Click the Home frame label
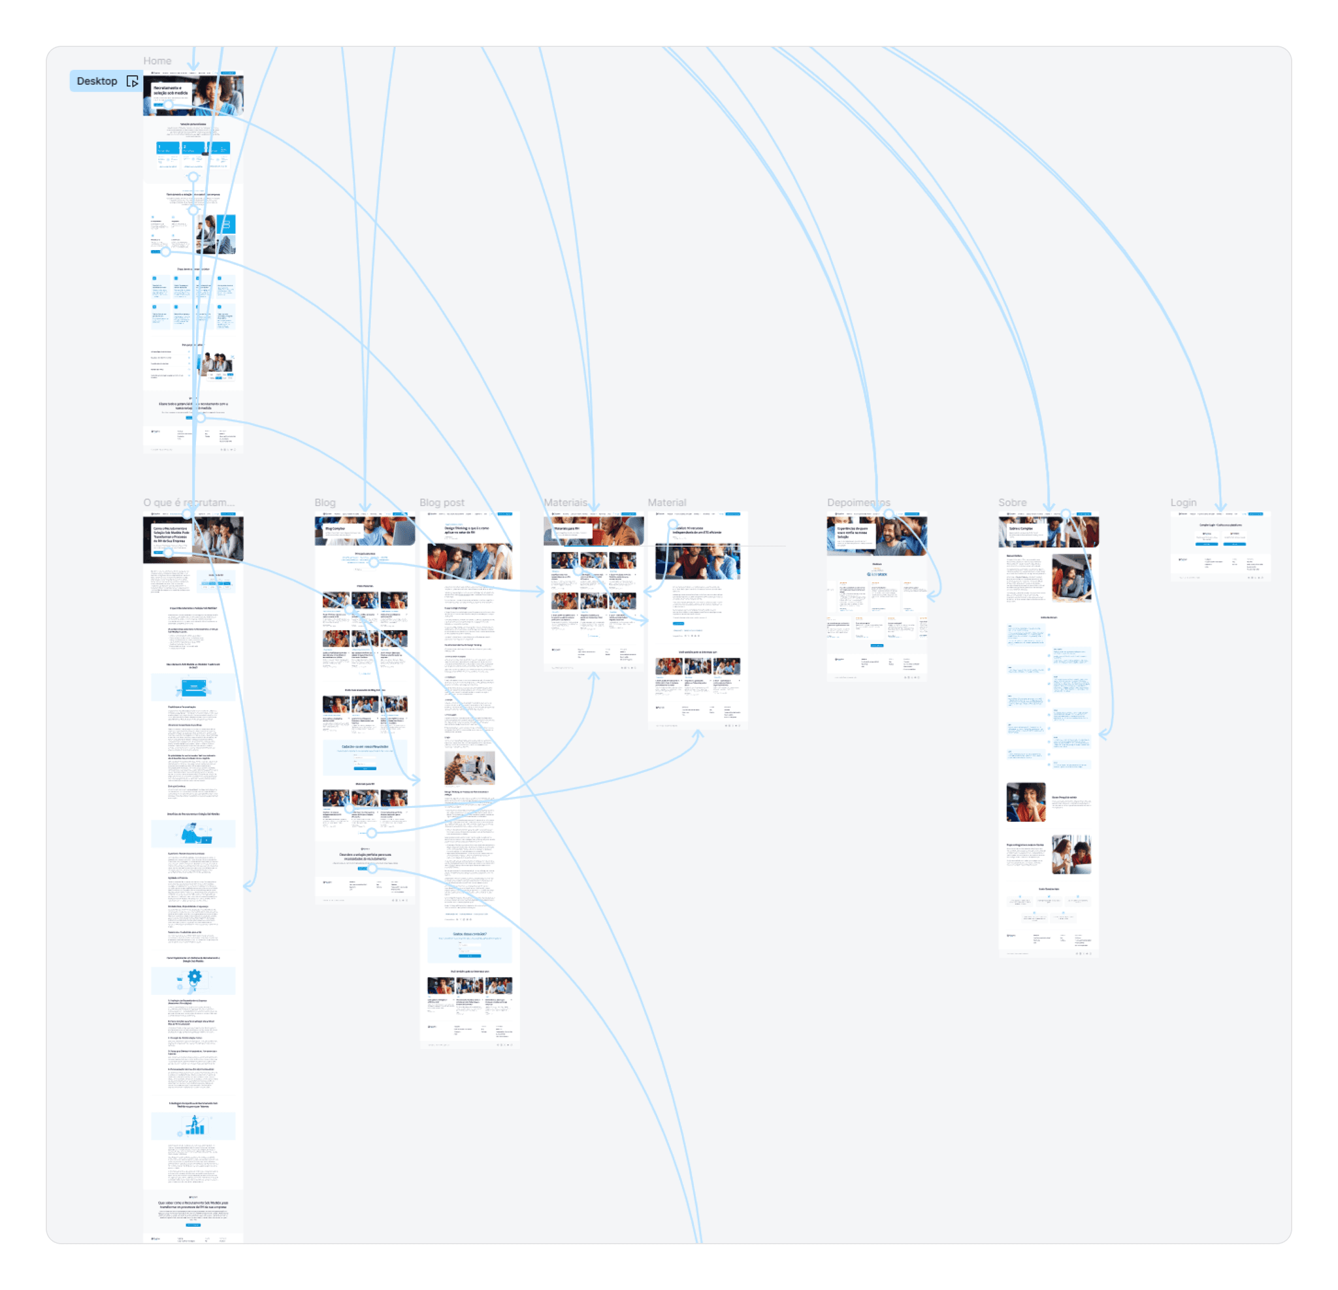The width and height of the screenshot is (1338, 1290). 157,61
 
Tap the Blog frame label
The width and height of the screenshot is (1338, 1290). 324,502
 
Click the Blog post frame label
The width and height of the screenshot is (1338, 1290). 441,502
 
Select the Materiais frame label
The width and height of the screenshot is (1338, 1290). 564,502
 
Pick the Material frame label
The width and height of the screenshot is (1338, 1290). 666,502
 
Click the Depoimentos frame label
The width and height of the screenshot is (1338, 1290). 857,502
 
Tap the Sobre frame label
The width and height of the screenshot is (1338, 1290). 1012,502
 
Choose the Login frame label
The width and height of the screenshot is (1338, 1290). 1183,502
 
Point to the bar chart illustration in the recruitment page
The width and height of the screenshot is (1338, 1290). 195,1125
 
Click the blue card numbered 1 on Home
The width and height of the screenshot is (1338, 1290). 167,148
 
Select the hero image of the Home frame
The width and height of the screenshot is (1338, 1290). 193,95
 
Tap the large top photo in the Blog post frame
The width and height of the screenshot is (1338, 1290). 469,562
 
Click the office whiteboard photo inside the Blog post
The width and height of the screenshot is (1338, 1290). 469,767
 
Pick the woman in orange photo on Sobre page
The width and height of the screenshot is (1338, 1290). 1025,802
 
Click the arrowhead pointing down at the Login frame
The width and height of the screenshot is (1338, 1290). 1220,506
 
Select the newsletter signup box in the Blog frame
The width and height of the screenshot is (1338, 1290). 365,757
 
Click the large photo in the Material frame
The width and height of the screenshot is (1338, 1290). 697,561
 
